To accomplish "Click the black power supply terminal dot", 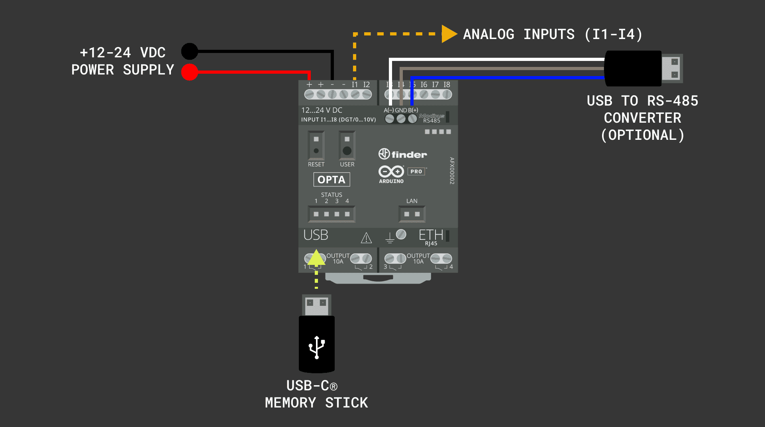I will click(x=190, y=51).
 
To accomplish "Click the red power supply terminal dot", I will click(x=190, y=72).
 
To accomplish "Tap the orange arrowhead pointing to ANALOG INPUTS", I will click(x=449, y=34).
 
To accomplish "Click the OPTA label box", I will click(x=331, y=180).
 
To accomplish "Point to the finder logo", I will click(x=402, y=154).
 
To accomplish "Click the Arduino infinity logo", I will click(x=391, y=172).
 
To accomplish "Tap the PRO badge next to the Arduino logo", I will click(x=416, y=172).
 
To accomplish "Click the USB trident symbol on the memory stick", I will click(x=317, y=347).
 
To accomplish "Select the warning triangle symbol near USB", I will click(x=366, y=238).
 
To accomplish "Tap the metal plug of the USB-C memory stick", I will click(x=317, y=305).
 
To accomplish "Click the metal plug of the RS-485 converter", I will click(x=672, y=68).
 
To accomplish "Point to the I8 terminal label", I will click(x=447, y=84).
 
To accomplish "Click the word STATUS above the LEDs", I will click(x=331, y=195).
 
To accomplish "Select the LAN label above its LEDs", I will click(x=412, y=201).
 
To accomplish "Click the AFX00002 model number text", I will click(x=452, y=170).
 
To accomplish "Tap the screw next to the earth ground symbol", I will click(x=401, y=234).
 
